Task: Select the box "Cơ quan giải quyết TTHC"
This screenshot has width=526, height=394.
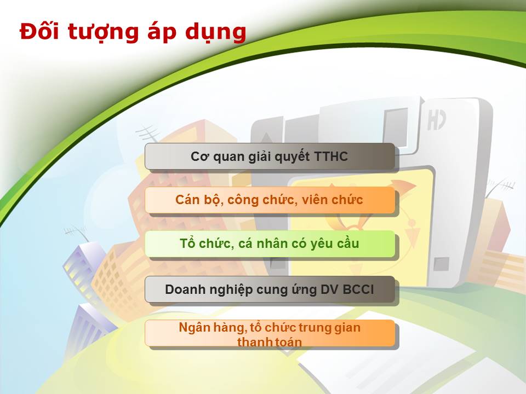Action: pos(270,156)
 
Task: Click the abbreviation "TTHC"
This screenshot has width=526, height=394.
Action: pos(331,157)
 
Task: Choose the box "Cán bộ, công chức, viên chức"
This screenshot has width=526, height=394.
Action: pos(270,200)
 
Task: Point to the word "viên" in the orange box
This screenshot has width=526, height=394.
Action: pos(313,200)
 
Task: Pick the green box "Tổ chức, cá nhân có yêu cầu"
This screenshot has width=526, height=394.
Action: pos(270,244)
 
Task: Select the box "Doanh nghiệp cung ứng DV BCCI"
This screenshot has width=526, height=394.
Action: pos(270,289)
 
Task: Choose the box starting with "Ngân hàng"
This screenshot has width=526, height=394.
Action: pos(270,333)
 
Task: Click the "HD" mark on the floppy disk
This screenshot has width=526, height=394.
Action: pos(437,120)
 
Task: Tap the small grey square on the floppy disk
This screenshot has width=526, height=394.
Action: pos(441,264)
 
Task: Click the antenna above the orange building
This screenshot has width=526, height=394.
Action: pos(148,133)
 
